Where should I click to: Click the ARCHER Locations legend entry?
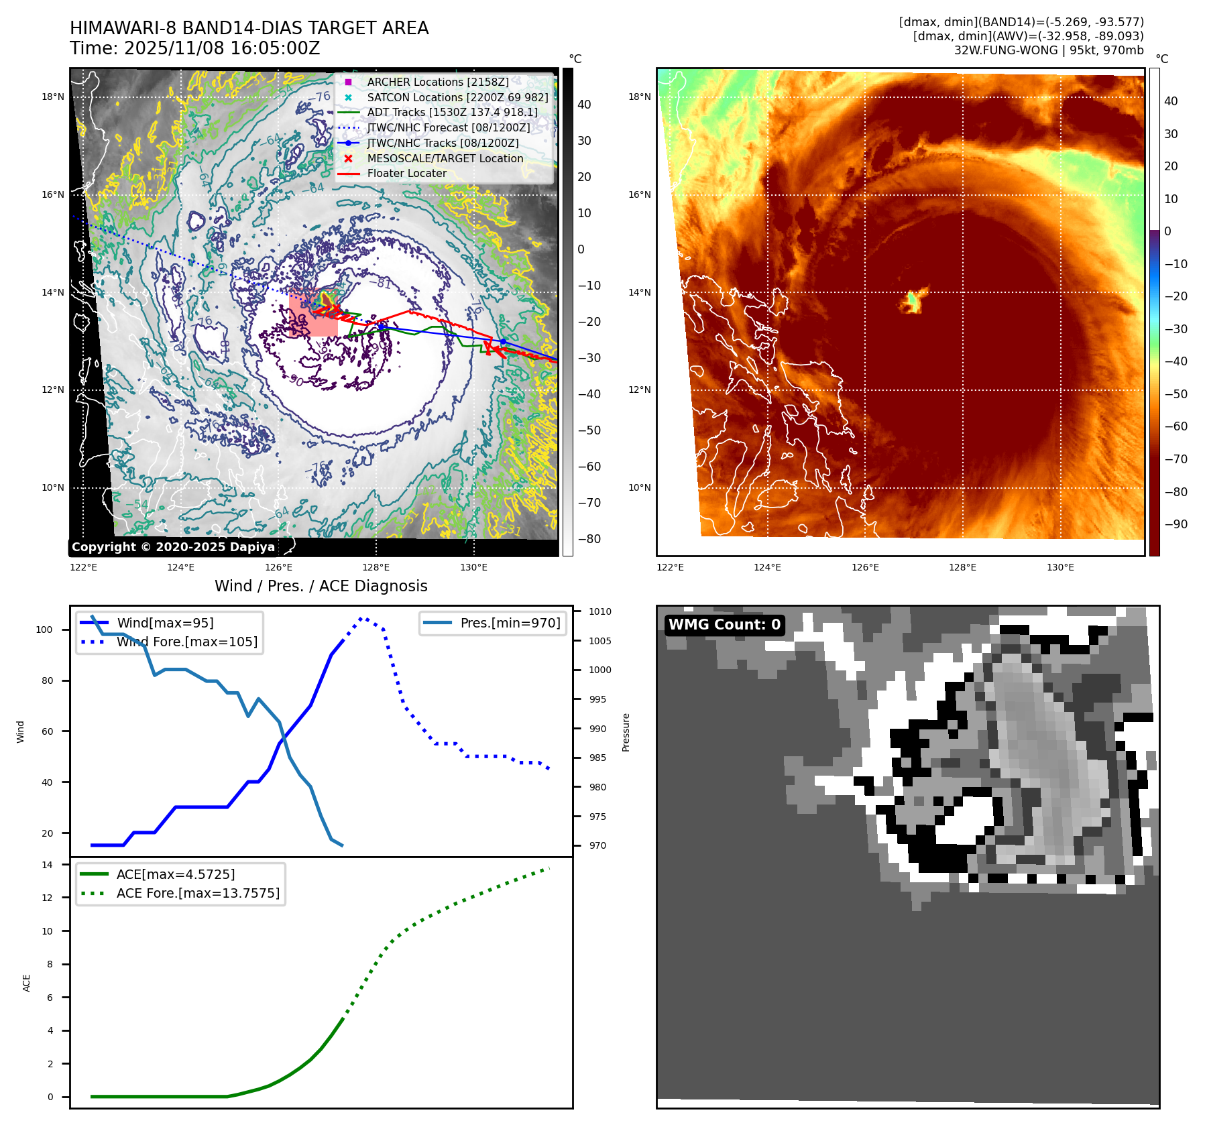coord(437,82)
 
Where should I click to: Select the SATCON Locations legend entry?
coord(457,97)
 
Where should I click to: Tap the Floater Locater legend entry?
coord(406,173)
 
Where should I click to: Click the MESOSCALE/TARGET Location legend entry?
coord(445,158)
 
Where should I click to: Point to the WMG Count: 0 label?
coord(724,624)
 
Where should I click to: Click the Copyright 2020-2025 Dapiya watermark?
coord(173,547)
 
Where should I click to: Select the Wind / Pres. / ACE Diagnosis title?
coord(321,586)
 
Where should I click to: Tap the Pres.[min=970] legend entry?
coord(510,623)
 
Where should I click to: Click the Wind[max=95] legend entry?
coord(165,623)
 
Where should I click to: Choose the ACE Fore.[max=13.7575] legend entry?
coord(198,893)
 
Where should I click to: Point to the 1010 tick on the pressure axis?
coord(599,611)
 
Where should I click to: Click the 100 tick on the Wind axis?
coord(44,630)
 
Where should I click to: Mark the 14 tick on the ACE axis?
coord(47,865)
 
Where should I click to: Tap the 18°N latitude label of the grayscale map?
coord(53,97)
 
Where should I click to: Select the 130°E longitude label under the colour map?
coord(1059,567)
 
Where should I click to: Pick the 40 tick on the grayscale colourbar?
coord(584,105)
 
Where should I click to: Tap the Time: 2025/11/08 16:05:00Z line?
coord(194,48)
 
